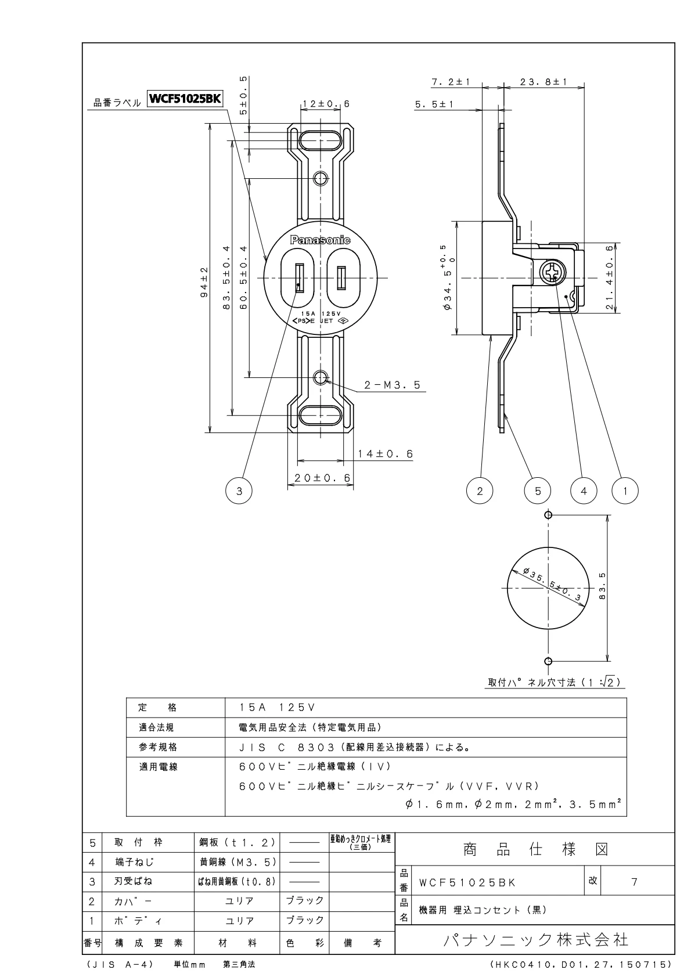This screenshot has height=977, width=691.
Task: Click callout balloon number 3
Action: pyautogui.click(x=239, y=491)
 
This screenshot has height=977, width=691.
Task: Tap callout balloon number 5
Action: pyautogui.click(x=538, y=491)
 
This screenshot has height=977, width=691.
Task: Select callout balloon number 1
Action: pyautogui.click(x=625, y=491)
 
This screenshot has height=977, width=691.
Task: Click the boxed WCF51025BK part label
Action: pyautogui.click(x=185, y=99)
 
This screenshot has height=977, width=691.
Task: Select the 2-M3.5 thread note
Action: pyautogui.click(x=392, y=385)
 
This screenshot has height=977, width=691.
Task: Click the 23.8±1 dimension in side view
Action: pyautogui.click(x=544, y=82)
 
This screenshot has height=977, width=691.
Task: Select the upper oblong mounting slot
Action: pyautogui.click(x=320, y=141)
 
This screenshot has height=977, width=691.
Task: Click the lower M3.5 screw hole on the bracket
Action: pyautogui.click(x=320, y=378)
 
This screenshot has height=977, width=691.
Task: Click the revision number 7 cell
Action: pyautogui.click(x=634, y=882)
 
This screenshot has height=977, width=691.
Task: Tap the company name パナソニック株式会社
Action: pyautogui.click(x=535, y=940)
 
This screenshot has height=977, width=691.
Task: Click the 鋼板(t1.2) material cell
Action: pyautogui.click(x=236, y=842)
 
